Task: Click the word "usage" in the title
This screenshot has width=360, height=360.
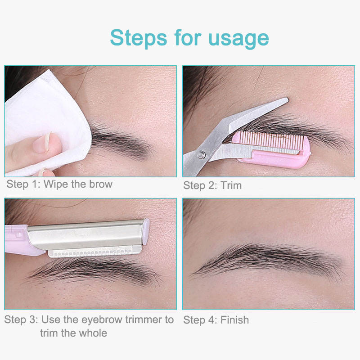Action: [x=238, y=39]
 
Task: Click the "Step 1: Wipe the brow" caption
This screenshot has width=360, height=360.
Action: [x=59, y=184]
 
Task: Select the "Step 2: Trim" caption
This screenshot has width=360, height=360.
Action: [x=212, y=185]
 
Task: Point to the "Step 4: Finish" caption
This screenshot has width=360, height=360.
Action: [x=216, y=320]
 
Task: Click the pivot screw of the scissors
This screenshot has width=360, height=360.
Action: [x=201, y=155]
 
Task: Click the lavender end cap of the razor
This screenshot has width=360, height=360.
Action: [x=146, y=231]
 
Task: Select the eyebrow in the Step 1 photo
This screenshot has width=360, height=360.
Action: [x=121, y=141]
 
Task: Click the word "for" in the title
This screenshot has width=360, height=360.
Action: [x=188, y=37]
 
